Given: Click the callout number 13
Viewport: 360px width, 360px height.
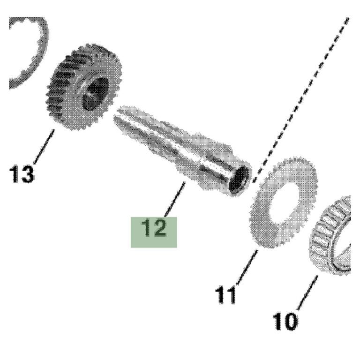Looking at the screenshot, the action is click(x=22, y=174).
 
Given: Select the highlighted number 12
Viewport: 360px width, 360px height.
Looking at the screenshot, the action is click(x=154, y=227).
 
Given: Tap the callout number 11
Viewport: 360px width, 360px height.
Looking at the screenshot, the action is click(x=225, y=295).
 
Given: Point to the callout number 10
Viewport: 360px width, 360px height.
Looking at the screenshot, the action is click(x=285, y=321).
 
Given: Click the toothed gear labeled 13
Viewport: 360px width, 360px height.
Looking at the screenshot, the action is click(x=84, y=87).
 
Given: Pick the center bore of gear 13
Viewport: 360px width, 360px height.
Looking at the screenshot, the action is click(x=95, y=94).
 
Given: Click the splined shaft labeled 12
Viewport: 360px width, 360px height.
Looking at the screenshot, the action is click(x=182, y=150).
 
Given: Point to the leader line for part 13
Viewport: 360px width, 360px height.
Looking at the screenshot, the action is click(x=44, y=146).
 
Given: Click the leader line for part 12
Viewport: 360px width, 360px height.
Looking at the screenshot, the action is click(x=175, y=199).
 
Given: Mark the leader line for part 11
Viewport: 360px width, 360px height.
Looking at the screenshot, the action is click(x=247, y=268).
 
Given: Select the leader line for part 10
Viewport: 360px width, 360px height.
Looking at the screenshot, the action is click(x=307, y=292).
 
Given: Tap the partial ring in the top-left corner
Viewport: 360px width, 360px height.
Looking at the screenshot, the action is click(x=28, y=53).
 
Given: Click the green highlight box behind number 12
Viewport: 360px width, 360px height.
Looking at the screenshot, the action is click(x=154, y=232).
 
